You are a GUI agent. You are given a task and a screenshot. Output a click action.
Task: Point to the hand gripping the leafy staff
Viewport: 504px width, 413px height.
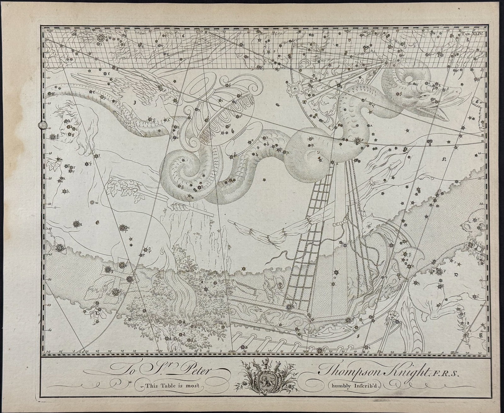178,206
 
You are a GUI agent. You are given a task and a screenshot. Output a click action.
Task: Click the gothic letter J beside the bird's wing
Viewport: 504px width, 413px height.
134,102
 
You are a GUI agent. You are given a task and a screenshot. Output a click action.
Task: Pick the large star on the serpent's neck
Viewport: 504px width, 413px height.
358,140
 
